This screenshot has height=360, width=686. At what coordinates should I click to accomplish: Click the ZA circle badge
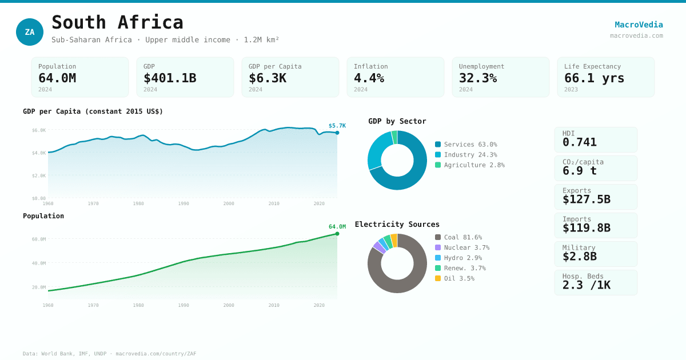30,32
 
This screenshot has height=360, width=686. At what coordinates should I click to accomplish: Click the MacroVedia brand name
639,25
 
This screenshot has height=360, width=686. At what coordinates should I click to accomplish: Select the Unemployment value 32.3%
477,78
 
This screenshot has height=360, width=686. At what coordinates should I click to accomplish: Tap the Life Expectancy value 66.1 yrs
594,78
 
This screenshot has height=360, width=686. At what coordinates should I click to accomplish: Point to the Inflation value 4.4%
369,78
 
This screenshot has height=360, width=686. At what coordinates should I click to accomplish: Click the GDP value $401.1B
170,78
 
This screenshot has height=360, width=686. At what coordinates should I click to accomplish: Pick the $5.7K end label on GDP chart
337,126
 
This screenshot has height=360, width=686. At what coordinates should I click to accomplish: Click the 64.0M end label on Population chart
337,227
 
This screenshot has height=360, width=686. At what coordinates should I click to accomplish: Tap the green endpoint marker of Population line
337,234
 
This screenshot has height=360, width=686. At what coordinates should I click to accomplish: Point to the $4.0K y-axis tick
39,153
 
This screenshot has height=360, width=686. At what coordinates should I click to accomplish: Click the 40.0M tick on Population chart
39,263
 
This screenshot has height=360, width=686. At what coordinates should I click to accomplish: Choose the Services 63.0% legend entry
466,145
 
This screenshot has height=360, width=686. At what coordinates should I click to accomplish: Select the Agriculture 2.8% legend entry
469,165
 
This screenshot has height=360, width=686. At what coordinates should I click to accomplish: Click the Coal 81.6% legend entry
458,237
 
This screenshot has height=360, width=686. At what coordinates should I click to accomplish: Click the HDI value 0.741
579,142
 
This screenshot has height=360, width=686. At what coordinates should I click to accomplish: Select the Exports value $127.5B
586,199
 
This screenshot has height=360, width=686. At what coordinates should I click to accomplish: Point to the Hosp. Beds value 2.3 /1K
586,285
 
